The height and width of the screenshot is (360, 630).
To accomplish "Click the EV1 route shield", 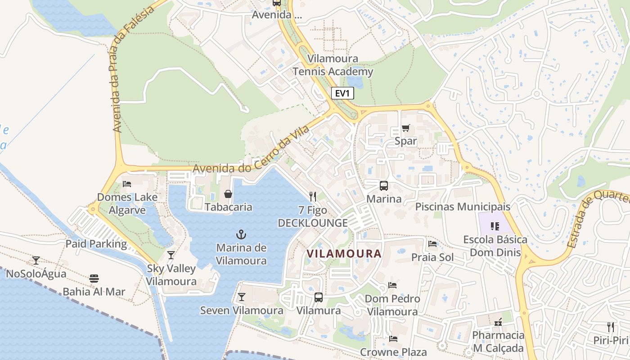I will (342, 94).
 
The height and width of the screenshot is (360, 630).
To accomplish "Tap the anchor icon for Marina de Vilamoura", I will (242, 234).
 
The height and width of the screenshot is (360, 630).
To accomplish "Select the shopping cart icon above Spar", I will (405, 128).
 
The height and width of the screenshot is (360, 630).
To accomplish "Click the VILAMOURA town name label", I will (344, 253).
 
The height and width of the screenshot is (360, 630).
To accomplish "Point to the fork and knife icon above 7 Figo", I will (313, 197).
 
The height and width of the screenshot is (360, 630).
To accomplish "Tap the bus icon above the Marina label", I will (384, 185).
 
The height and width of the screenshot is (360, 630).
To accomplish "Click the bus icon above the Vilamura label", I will (318, 297).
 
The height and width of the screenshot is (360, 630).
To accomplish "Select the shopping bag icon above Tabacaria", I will (228, 194).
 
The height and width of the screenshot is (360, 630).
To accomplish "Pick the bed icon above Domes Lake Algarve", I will (127, 184).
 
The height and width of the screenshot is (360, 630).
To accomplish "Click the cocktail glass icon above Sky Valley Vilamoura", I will (171, 256).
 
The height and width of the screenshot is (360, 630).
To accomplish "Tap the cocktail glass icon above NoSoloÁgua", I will (36, 260).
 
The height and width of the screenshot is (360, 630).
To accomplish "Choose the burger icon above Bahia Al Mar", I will (94, 279).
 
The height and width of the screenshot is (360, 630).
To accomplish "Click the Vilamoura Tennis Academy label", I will (333, 65).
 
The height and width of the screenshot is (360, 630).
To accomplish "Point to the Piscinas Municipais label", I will (463, 207).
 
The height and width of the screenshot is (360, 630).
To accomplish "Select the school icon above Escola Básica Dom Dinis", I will (495, 226).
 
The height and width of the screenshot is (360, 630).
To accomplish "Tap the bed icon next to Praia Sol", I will (432, 244).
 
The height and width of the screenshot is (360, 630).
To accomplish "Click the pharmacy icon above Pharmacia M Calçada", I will (498, 322).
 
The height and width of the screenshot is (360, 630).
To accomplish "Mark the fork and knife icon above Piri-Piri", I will (611, 327).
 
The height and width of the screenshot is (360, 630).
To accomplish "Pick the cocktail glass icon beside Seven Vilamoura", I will (242, 297).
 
